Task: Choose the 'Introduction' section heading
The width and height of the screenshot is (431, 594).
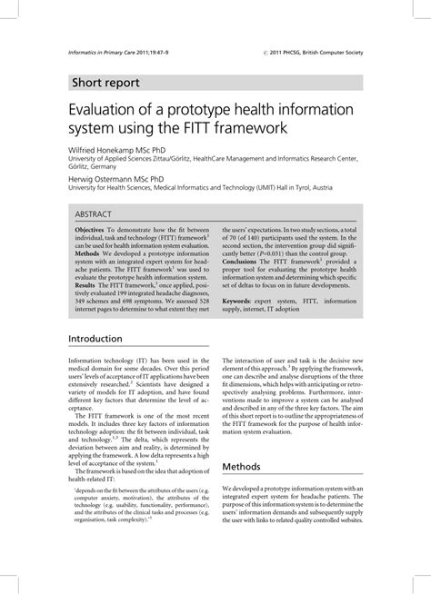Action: (95, 339)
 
